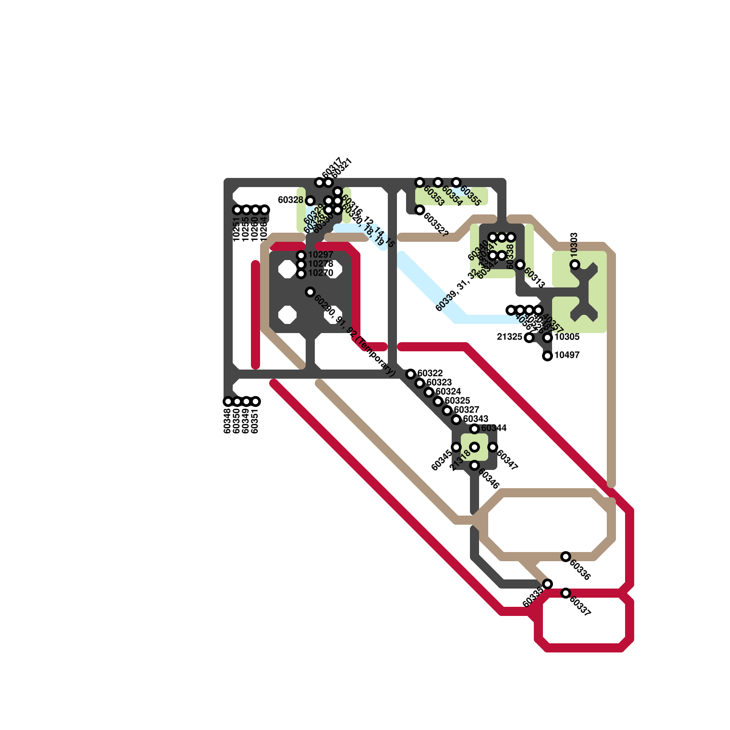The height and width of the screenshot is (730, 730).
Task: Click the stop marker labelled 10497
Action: pyautogui.click(x=547, y=356)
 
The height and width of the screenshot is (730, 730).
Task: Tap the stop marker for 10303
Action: pyautogui.click(x=575, y=265)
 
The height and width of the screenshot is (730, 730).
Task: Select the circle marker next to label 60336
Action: pyautogui.click(x=566, y=557)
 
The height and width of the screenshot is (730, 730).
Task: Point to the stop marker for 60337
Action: pyautogui.click(x=566, y=593)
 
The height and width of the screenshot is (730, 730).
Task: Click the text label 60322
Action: pyautogui.click(x=430, y=373)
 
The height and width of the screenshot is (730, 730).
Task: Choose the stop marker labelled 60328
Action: pyautogui.click(x=310, y=201)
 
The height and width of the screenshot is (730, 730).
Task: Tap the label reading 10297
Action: pyautogui.click(x=321, y=255)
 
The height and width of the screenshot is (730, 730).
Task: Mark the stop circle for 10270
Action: pyautogui.click(x=301, y=274)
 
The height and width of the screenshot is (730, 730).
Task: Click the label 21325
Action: pyautogui.click(x=509, y=337)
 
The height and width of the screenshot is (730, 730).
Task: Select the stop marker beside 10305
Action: pyautogui.click(x=547, y=338)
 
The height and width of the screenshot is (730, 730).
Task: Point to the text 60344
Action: pyautogui.click(x=494, y=428)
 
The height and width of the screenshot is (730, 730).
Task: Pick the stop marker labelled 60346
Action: pyautogui.click(x=474, y=465)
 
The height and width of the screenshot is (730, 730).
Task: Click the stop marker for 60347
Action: pyautogui.click(x=493, y=447)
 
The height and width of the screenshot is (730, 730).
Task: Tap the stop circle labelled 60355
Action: pyautogui.click(x=456, y=182)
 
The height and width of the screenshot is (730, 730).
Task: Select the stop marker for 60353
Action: pyautogui.click(x=420, y=182)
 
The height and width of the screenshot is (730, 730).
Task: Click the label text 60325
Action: pyautogui.click(x=457, y=401)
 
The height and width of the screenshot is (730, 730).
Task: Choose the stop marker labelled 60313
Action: pyautogui.click(x=520, y=265)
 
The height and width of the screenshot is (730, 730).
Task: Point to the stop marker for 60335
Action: pyautogui.click(x=547, y=584)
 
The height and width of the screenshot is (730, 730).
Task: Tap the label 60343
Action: pyautogui.click(x=475, y=419)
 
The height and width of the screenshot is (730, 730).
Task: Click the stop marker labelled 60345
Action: pyautogui.click(x=456, y=447)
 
